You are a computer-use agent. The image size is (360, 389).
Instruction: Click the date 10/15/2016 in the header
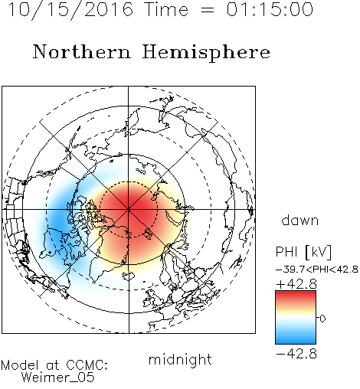pos(70,9)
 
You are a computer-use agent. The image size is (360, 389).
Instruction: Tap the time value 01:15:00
pos(270,9)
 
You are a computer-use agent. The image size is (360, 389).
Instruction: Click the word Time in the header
pos(166,9)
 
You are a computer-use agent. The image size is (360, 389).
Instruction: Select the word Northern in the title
pos(82,52)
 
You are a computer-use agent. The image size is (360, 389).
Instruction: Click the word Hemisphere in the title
pos(206,53)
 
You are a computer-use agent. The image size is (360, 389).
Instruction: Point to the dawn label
pos(300,220)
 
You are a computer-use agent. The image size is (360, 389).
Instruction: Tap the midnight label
pos(180,359)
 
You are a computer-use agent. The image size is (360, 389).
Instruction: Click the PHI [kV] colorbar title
pos(303,252)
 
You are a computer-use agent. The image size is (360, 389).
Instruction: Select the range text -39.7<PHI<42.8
pos(317,270)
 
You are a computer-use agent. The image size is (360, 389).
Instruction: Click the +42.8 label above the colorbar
pos(296,284)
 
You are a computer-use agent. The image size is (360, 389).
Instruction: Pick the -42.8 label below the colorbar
pos(296,354)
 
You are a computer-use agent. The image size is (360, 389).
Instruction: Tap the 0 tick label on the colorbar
pos(322,319)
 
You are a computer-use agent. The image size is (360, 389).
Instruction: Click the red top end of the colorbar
pos(296,293)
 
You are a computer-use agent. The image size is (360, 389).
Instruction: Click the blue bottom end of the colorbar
pos(296,342)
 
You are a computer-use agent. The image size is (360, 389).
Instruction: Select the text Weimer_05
pos(58,378)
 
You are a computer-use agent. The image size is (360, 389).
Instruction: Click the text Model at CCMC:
pos(54,365)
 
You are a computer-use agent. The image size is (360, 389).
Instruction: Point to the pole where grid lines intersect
pos(129,209)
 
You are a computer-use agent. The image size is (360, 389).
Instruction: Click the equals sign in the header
pos(208,10)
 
